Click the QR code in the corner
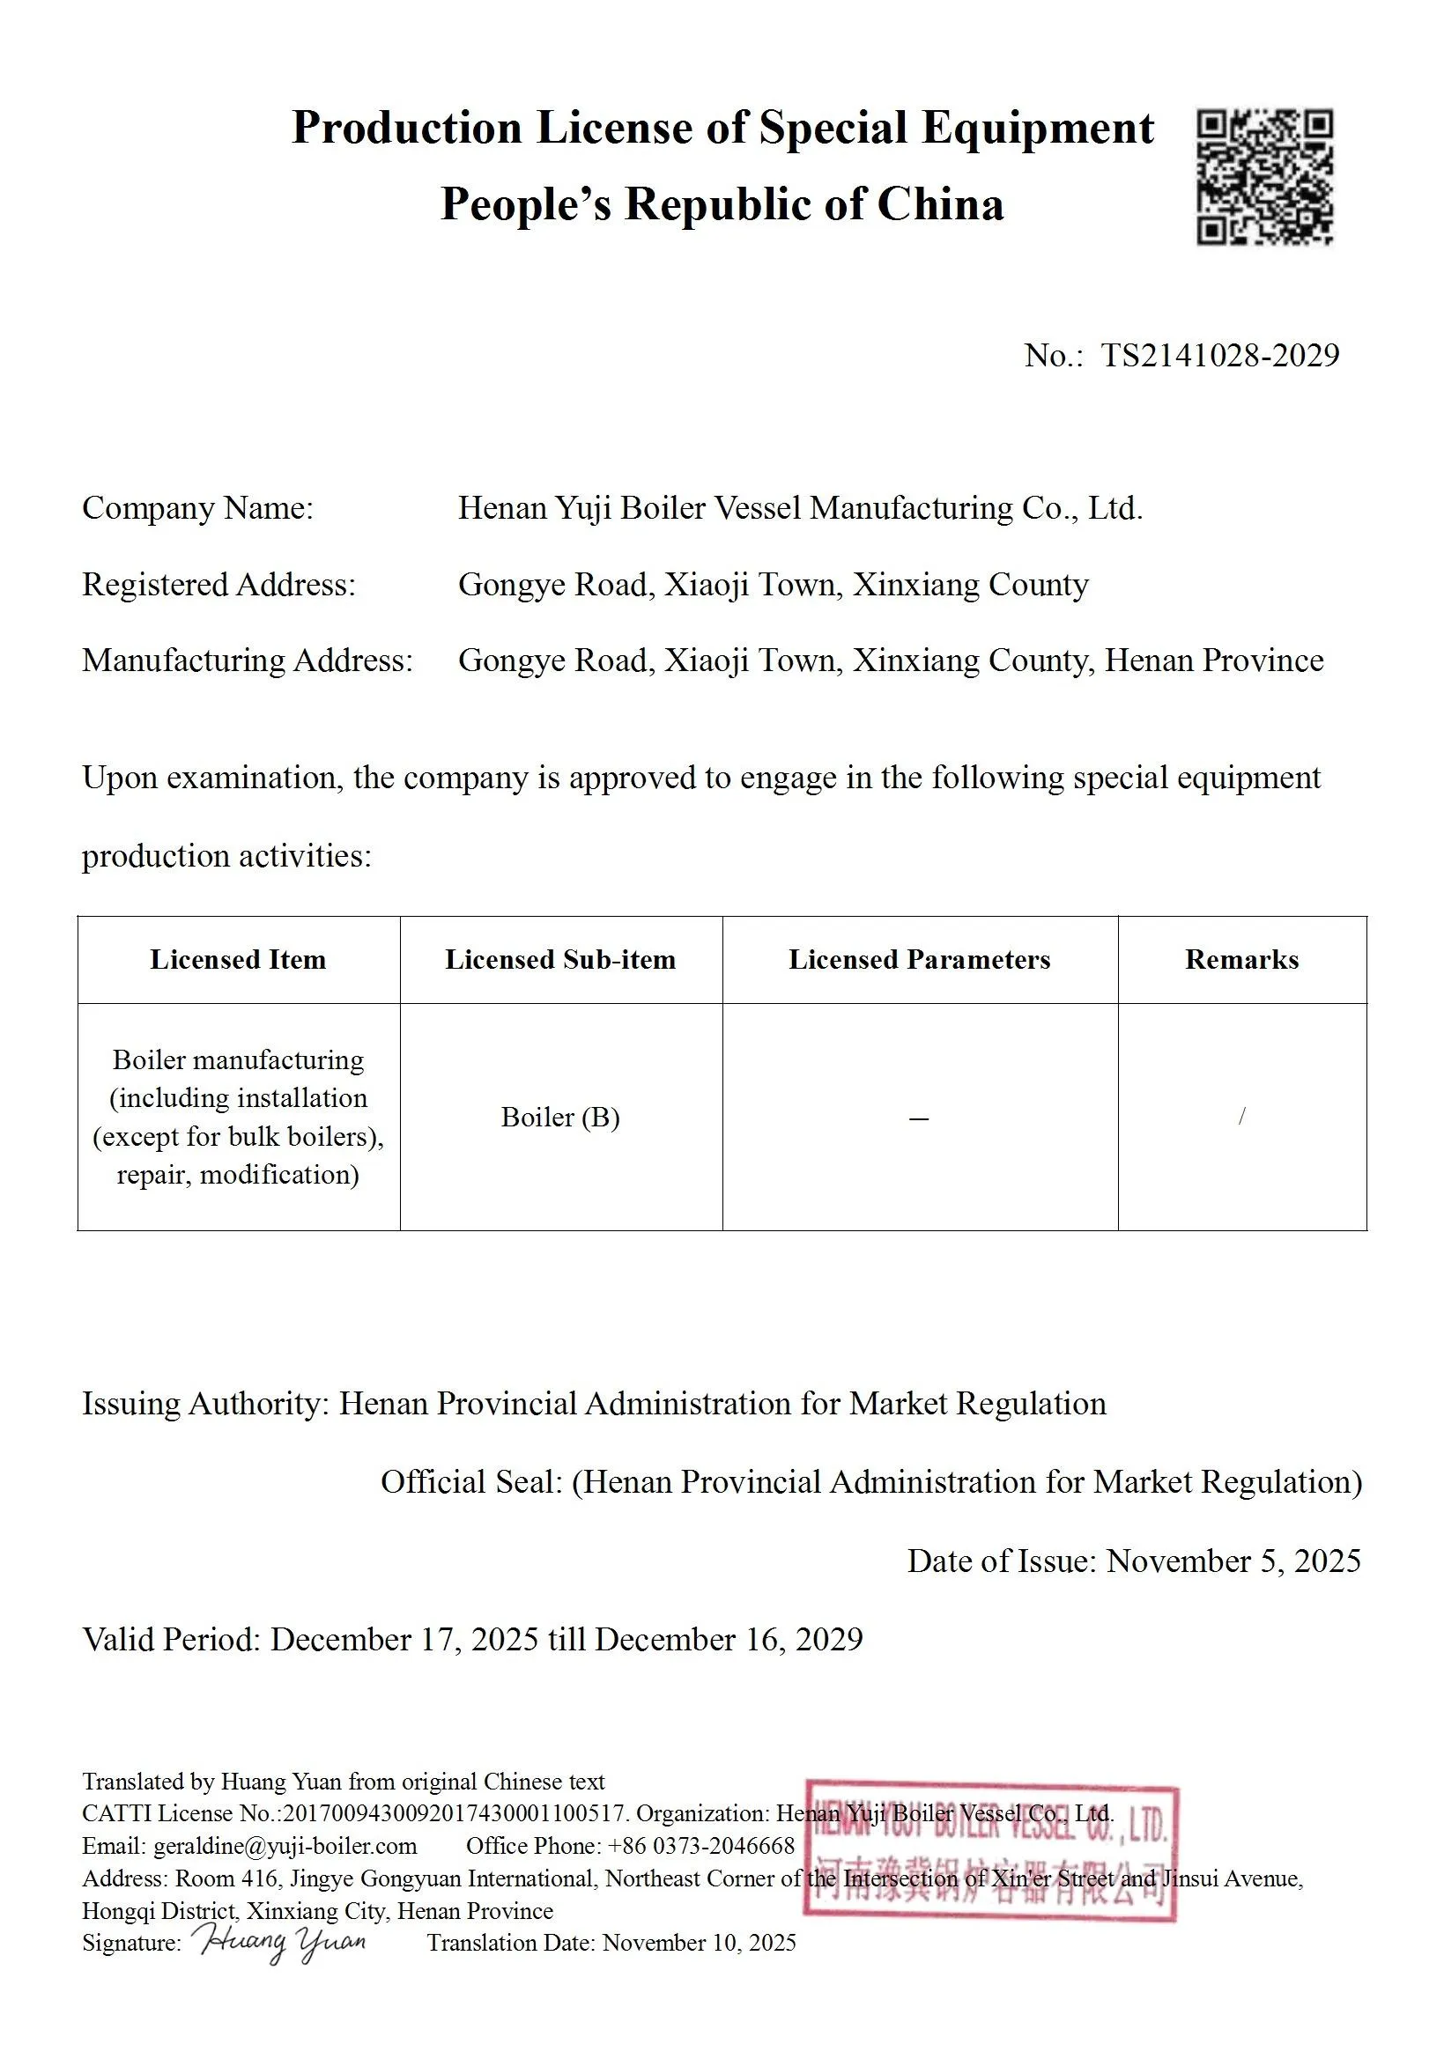pyautogui.click(x=1264, y=177)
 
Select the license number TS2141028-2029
pyautogui.click(x=1219, y=355)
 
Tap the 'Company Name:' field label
pyautogui.click(x=197, y=507)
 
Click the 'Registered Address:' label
pyautogui.click(x=218, y=584)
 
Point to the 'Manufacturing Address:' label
pyautogui.click(x=248, y=660)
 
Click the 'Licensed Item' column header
pyautogui.click(x=238, y=960)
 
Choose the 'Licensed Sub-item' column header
pyautogui.click(x=560, y=960)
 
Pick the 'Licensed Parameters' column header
pyautogui.click(x=919, y=960)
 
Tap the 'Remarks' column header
pyautogui.click(x=1241, y=960)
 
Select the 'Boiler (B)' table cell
pyautogui.click(x=560, y=1117)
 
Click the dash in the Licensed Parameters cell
pyautogui.click(x=918, y=1118)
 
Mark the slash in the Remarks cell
pyautogui.click(x=1241, y=1116)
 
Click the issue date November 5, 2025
pyautogui.click(x=1233, y=1561)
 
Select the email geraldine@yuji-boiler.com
pyautogui.click(x=285, y=1846)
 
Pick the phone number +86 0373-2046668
pyautogui.click(x=701, y=1846)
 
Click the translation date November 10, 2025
pyautogui.click(x=699, y=1943)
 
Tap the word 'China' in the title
pyautogui.click(x=939, y=204)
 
